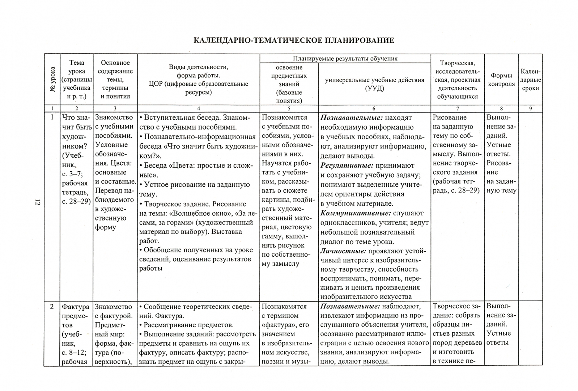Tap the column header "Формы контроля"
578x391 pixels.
(x=501, y=80)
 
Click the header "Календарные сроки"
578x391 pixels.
(x=530, y=80)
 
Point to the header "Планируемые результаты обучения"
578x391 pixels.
(x=345, y=58)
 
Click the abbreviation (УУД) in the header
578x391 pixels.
(x=374, y=88)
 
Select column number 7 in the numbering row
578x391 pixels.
(x=458, y=108)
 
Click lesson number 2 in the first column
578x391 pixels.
(x=52, y=307)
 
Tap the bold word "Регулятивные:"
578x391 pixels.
(x=347, y=166)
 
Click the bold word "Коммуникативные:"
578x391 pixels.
(x=356, y=213)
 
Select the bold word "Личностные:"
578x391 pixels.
(x=343, y=251)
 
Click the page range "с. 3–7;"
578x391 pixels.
(x=72, y=174)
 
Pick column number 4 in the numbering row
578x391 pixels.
(x=198, y=108)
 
